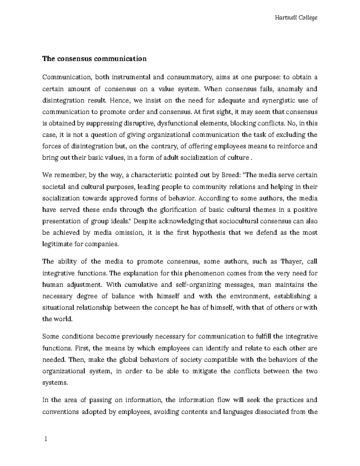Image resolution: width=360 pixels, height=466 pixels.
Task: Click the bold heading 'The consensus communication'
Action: coord(94,59)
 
